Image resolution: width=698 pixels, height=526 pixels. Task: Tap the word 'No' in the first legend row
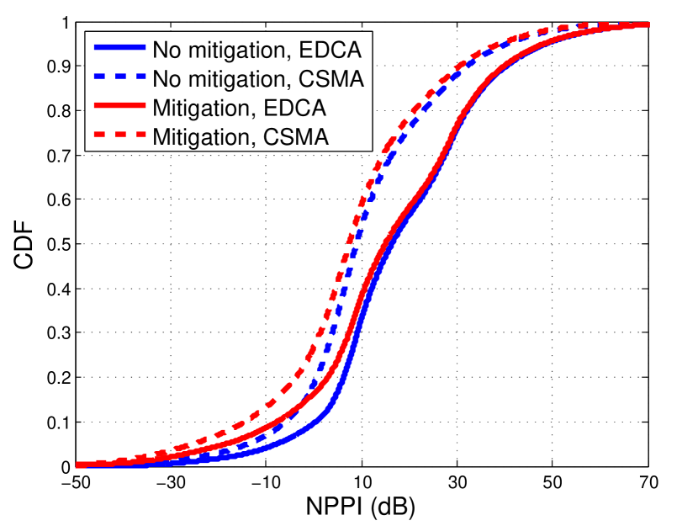(165, 48)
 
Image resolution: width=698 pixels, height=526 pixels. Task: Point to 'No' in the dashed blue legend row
(165, 78)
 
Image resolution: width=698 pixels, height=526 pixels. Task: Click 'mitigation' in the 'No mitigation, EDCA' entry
(232, 48)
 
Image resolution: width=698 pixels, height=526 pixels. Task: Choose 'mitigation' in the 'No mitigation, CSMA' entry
(232, 78)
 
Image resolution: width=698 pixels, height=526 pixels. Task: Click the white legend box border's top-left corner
(86, 32)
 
